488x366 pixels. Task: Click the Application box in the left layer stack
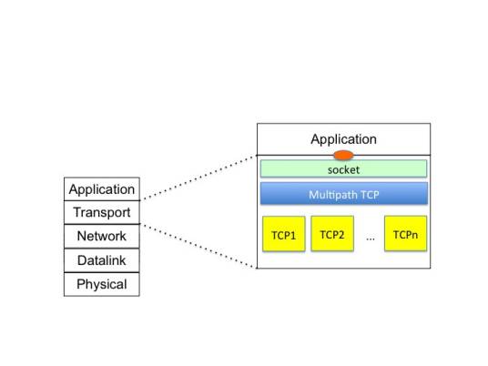tap(102, 189)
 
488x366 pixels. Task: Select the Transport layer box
tap(102, 213)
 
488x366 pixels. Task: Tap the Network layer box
tap(102, 237)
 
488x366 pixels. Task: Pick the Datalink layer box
tap(102, 260)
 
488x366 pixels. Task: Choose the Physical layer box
tap(102, 284)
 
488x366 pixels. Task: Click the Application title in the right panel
tap(343, 139)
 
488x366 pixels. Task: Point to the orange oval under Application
tap(343, 155)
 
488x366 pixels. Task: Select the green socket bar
tap(343, 169)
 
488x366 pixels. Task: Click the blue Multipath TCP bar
tap(343, 194)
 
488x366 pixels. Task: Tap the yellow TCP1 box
tap(283, 235)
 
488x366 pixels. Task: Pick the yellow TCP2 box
tap(331, 234)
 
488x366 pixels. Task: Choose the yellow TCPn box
tap(405, 234)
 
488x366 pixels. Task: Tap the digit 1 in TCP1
tap(293, 236)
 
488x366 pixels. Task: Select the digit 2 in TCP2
tap(341, 235)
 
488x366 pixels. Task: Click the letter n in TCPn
tap(415, 235)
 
